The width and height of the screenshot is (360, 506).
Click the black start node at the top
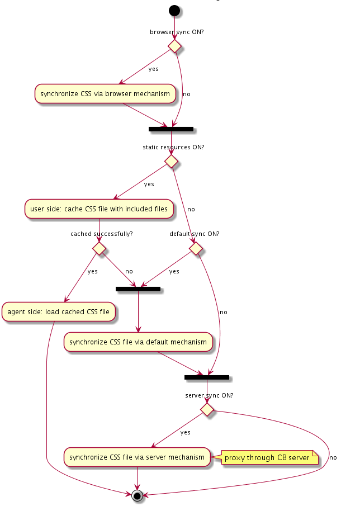[x=174, y=11]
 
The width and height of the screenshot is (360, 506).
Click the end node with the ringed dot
[x=137, y=495]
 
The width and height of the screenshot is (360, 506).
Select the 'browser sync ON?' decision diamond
[x=174, y=46]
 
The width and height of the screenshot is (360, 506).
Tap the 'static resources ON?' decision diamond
[x=171, y=161]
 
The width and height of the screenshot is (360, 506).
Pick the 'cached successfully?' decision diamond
[x=99, y=248]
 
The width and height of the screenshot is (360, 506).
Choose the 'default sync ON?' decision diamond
[x=196, y=248]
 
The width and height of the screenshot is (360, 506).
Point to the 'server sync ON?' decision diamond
[x=207, y=409]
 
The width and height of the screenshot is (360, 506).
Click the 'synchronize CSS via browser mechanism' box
[x=105, y=93]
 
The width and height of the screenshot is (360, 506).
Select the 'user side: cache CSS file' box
[x=99, y=209]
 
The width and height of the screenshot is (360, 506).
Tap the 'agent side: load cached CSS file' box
[x=59, y=311]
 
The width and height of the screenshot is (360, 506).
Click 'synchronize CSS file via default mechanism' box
[x=138, y=342]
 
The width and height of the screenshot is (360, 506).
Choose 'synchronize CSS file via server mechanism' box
[x=137, y=457]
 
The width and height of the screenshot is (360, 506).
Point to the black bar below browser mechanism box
[x=171, y=129]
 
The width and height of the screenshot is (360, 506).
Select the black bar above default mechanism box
[x=138, y=289]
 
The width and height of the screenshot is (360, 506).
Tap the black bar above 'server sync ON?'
[x=207, y=377]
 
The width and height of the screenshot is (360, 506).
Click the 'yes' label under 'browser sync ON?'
[x=153, y=69]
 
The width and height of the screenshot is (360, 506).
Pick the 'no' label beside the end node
[x=333, y=458]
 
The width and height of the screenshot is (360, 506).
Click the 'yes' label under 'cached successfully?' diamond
[x=93, y=271]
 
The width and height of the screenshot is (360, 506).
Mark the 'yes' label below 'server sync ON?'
[x=186, y=432]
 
